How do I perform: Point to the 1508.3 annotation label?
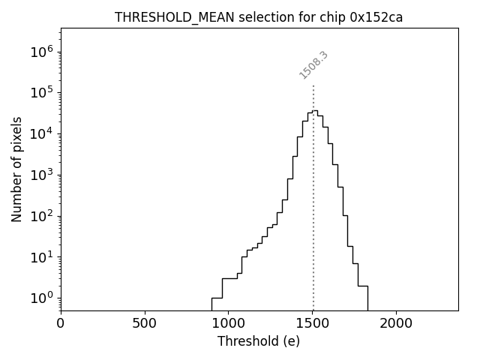[313, 65]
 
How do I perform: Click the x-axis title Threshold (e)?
[259, 341]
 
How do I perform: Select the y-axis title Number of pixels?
[17, 169]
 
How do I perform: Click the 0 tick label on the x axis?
[61, 323]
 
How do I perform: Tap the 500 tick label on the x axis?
[145, 323]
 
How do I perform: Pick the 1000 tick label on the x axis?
[229, 323]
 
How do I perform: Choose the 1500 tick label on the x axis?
[312, 323]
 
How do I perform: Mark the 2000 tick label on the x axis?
[396, 323]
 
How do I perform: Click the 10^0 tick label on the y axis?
[41, 298]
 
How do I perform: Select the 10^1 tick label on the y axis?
[41, 257]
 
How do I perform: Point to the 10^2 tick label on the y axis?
[41, 216]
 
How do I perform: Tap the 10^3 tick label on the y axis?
[41, 175]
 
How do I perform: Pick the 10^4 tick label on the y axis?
[41, 133]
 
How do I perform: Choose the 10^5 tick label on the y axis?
[41, 92]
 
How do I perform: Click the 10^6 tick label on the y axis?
[41, 52]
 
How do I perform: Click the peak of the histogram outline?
[315, 110]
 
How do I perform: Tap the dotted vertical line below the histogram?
[313, 225]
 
